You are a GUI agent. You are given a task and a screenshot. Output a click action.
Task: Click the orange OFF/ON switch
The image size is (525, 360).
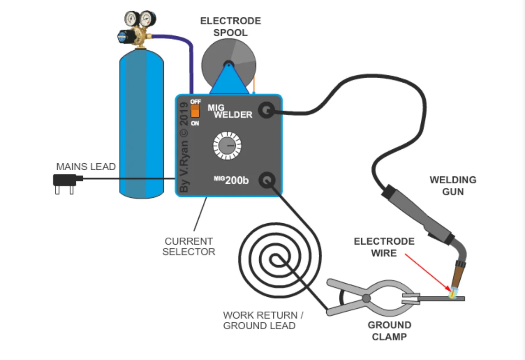click(x=195, y=111)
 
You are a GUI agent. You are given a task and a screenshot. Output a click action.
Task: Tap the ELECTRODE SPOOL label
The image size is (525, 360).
click(x=230, y=27)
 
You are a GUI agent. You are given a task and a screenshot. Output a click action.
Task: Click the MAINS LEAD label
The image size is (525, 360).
click(x=86, y=167)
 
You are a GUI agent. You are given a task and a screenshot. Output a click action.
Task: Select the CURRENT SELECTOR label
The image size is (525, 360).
click(x=188, y=247)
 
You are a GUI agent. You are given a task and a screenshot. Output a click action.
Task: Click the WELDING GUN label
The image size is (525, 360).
click(x=453, y=185)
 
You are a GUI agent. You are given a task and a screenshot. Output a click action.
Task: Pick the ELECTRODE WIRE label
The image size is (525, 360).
click(x=384, y=247)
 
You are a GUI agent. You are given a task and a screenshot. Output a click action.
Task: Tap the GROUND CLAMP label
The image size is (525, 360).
click(x=390, y=330)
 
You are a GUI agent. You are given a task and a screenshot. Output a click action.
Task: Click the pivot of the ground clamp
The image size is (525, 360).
click(x=367, y=298)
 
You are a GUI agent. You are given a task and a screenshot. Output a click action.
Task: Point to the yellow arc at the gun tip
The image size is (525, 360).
click(x=451, y=293)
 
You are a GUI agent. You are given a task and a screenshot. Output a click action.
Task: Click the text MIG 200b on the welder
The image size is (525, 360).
click(x=231, y=179)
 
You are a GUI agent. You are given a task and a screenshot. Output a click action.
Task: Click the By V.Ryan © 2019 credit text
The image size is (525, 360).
click(x=184, y=148)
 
